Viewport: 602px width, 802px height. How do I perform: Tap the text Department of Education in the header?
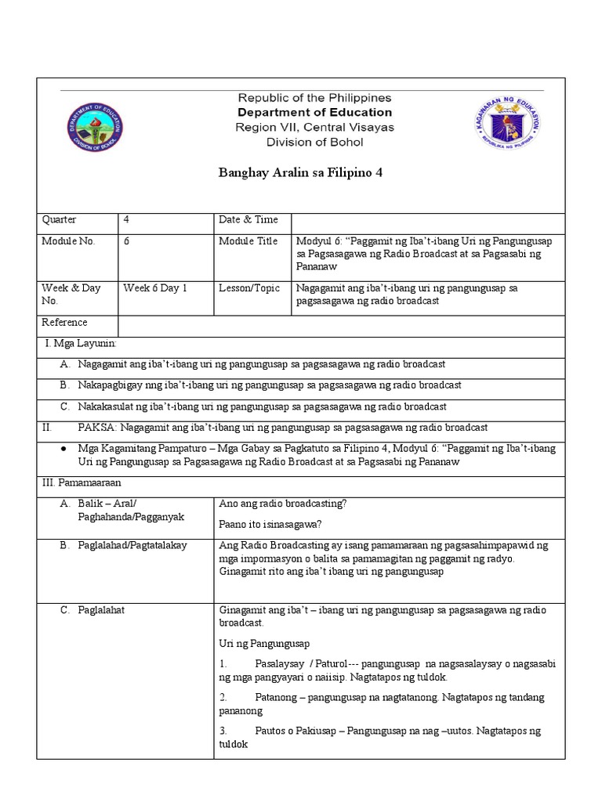314,112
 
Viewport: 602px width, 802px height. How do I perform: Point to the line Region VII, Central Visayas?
314,127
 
